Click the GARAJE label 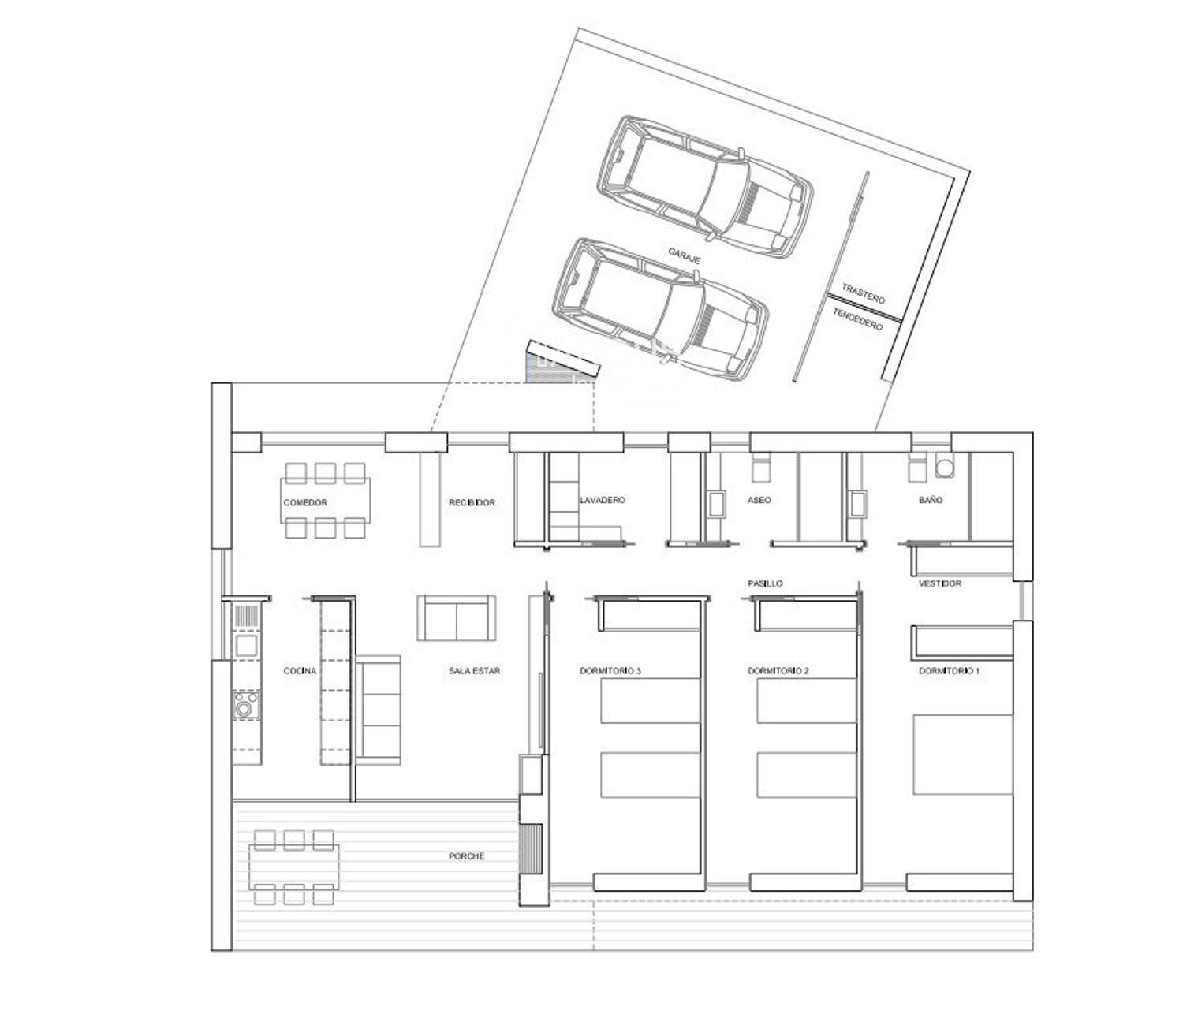tap(685, 255)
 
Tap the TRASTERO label tap(864, 293)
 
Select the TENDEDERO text tap(857, 319)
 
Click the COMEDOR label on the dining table tap(305, 503)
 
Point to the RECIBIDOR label tap(472, 503)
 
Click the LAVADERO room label tap(603, 500)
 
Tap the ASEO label tap(759, 500)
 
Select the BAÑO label tap(931, 500)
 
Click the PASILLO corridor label tap(765, 583)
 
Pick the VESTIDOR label tap(940, 583)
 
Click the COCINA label tap(300, 671)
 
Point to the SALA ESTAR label tap(474, 671)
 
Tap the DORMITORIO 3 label tap(610, 671)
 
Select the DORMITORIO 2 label tap(778, 671)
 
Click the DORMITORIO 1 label tap(949, 671)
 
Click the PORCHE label tap(467, 856)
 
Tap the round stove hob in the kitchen tap(246, 706)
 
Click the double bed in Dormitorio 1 tap(963, 755)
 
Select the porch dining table tap(294, 867)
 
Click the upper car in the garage tap(705, 186)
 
